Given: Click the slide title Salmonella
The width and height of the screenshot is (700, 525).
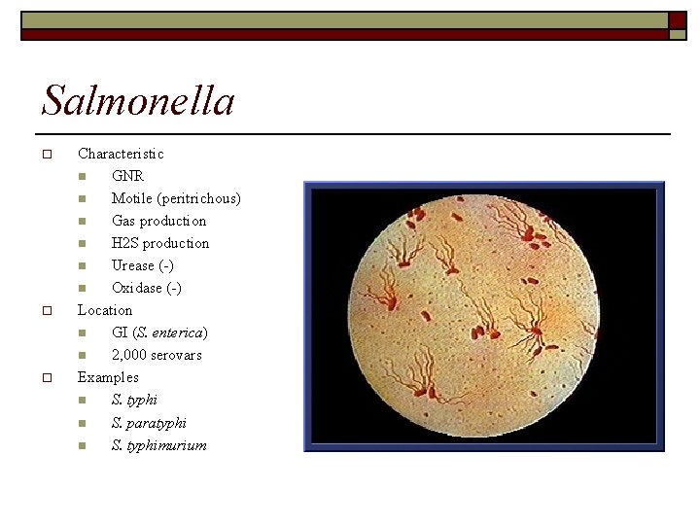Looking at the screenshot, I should (138, 100).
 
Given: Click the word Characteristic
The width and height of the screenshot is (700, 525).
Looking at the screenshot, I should (121, 154).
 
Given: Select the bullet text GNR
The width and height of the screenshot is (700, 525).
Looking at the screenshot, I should (127, 176).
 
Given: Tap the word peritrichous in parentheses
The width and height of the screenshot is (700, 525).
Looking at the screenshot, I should (199, 198).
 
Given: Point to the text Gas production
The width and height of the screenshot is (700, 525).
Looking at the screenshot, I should (158, 221).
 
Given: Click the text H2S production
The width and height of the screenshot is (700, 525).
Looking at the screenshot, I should (159, 243).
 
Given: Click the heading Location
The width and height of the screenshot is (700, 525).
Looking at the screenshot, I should (105, 310).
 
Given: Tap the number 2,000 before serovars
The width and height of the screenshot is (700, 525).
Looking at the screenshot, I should (127, 355).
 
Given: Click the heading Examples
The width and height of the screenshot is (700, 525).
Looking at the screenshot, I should (108, 377).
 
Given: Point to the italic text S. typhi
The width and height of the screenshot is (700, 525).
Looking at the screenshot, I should (134, 400).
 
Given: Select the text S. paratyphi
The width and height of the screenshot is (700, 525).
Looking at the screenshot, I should (149, 423).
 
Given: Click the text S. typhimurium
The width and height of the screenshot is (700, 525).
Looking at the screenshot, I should (158, 445).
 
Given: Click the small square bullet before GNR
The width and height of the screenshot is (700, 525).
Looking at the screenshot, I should (84, 177).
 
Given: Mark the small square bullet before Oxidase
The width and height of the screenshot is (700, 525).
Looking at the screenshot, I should (84, 289).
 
